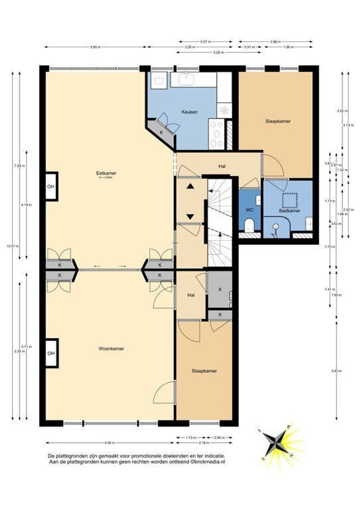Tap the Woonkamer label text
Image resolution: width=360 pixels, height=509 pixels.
coord(111,349)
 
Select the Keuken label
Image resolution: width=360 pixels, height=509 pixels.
coord(189,112)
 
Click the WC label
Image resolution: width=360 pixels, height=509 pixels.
coord(249,210)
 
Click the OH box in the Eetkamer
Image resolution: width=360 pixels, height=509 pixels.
coord(50,186)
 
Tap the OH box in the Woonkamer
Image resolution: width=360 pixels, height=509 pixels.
coord(50,353)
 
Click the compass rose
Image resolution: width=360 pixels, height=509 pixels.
coord(276,443)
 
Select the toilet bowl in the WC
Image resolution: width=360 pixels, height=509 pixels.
coord(250,223)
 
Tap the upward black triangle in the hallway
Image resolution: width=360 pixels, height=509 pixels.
coord(190,186)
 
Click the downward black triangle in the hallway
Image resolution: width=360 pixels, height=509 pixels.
coord(190,216)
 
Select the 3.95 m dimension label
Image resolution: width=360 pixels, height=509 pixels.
coord(96,47)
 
